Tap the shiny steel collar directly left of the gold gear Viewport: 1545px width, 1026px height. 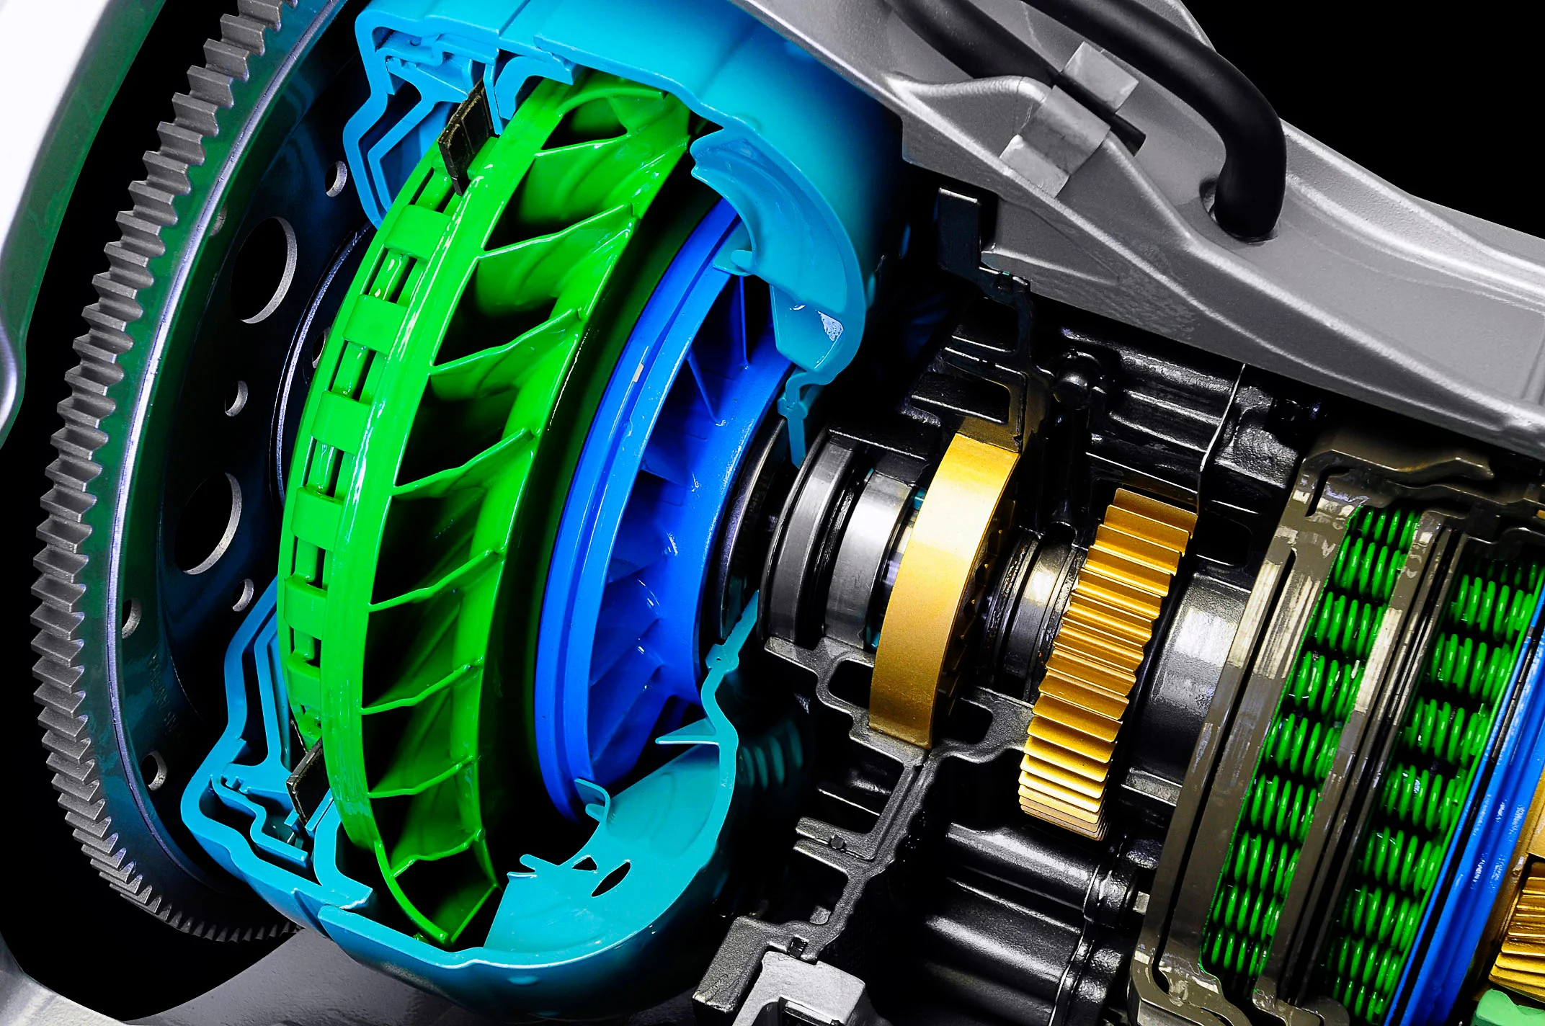1038,598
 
